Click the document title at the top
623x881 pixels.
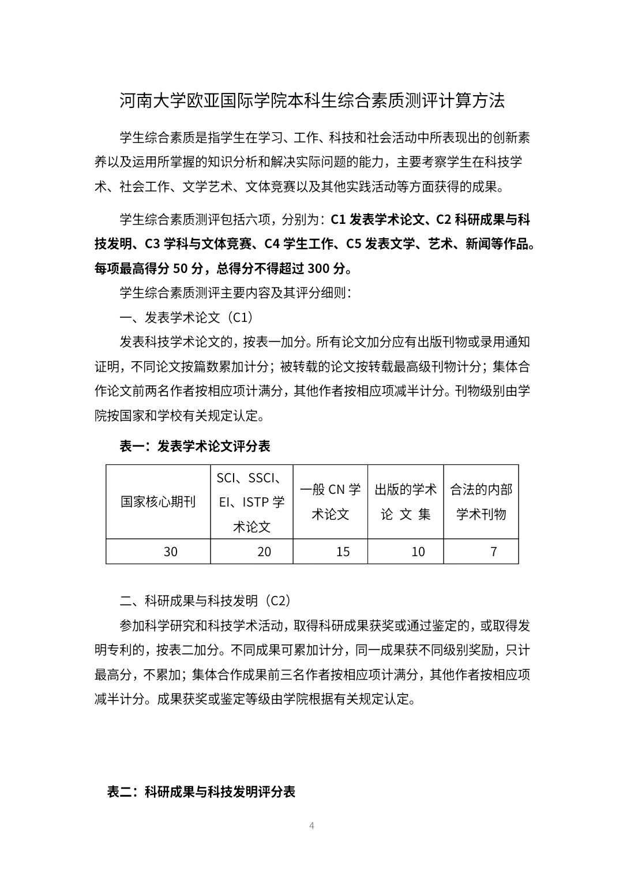coord(312,101)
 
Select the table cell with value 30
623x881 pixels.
coord(170,552)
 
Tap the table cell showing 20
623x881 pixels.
coord(264,552)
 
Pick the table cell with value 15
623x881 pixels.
coord(343,552)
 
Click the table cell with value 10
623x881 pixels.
coord(418,552)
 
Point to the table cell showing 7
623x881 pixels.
coord(493,552)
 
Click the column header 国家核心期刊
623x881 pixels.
coord(158,502)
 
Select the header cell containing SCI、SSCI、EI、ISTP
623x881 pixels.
coord(252,502)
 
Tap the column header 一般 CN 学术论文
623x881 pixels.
coord(331,502)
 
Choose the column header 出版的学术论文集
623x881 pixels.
coord(406,502)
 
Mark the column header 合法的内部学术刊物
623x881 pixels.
coord(481,502)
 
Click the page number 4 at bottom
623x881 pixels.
coord(311,825)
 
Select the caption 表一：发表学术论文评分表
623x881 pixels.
coord(195,446)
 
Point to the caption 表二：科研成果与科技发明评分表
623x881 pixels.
coord(201,792)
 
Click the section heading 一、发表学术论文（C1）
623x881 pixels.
coord(186,317)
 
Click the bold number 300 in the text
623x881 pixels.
coord(318,268)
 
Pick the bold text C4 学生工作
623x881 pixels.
coord(301,244)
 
